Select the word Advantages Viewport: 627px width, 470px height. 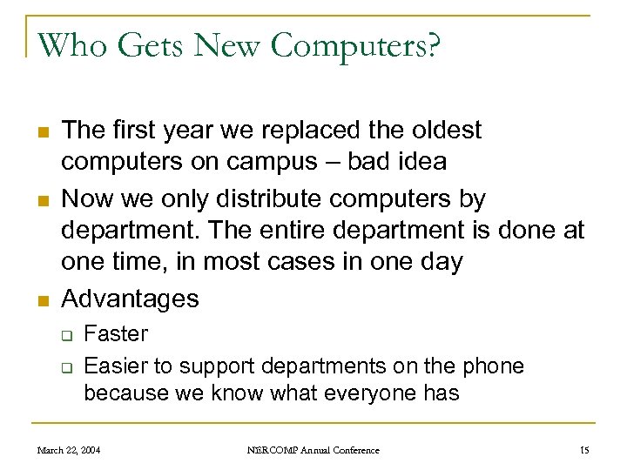coord(131,299)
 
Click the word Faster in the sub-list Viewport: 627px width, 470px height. coord(116,333)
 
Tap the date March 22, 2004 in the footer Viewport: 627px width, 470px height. coord(68,450)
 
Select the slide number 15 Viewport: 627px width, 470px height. coord(583,450)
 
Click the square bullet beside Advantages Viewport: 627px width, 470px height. coord(41,300)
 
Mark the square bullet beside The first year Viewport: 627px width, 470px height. coord(41,132)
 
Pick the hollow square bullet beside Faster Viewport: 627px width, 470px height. coord(64,335)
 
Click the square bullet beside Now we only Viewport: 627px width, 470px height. coord(41,200)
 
